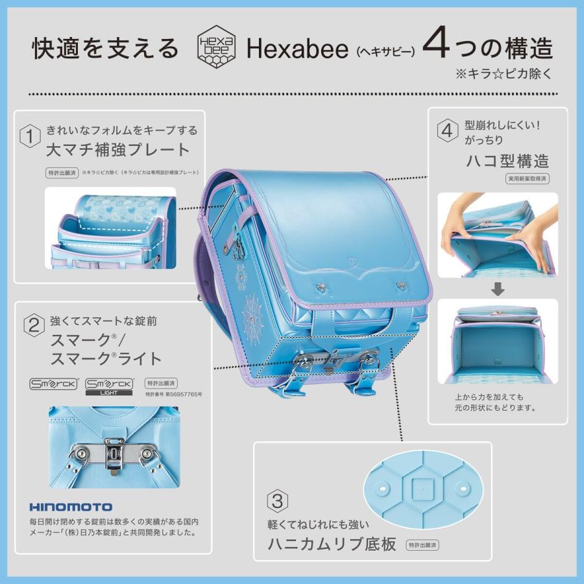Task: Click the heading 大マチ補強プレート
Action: (x=117, y=150)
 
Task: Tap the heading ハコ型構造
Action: (x=507, y=160)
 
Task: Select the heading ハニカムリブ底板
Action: (x=332, y=544)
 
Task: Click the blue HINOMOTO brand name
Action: (x=71, y=507)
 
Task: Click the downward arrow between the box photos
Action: (x=497, y=289)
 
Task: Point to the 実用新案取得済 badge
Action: (x=528, y=178)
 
